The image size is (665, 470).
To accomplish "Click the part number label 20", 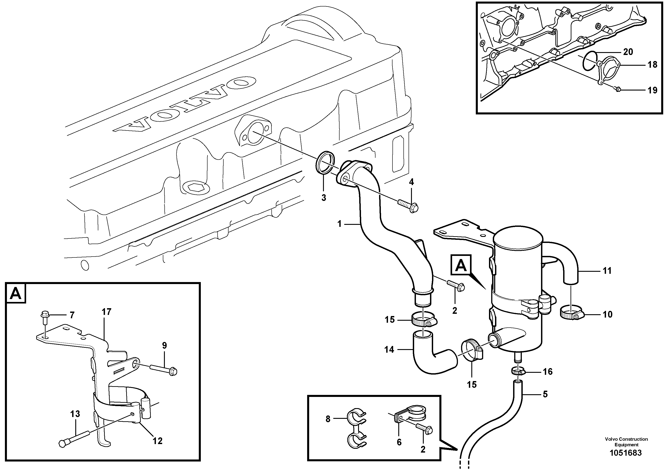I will click(628, 52).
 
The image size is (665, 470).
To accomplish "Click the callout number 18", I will click(652, 64).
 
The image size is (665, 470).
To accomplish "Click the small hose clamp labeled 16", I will click(518, 371).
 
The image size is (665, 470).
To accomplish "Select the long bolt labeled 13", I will click(77, 438).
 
